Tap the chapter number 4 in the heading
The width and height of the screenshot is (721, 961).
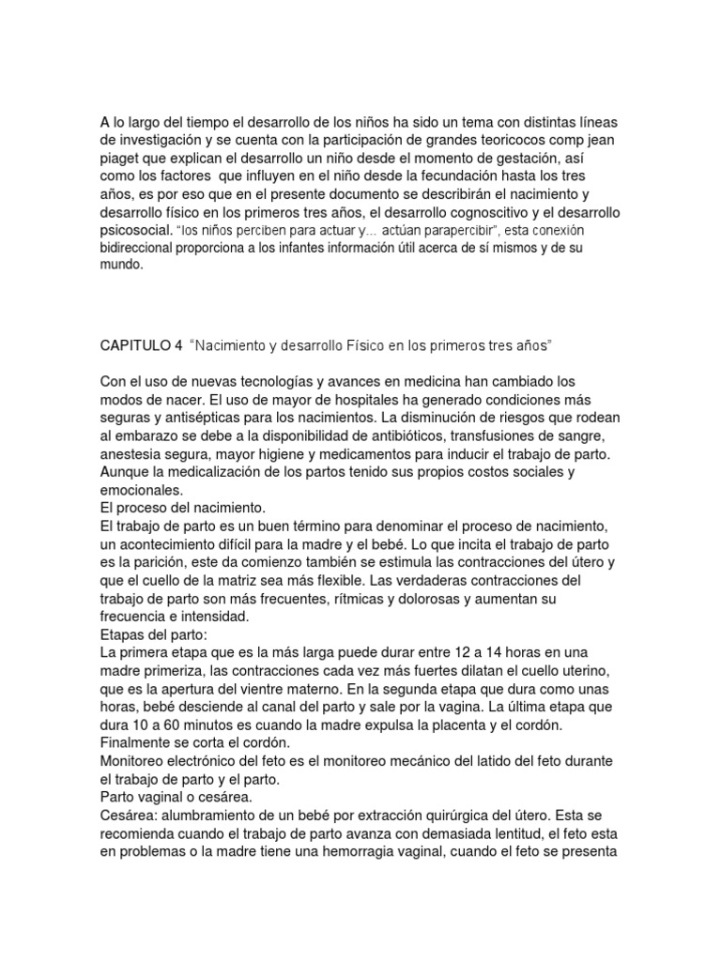click(x=178, y=345)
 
